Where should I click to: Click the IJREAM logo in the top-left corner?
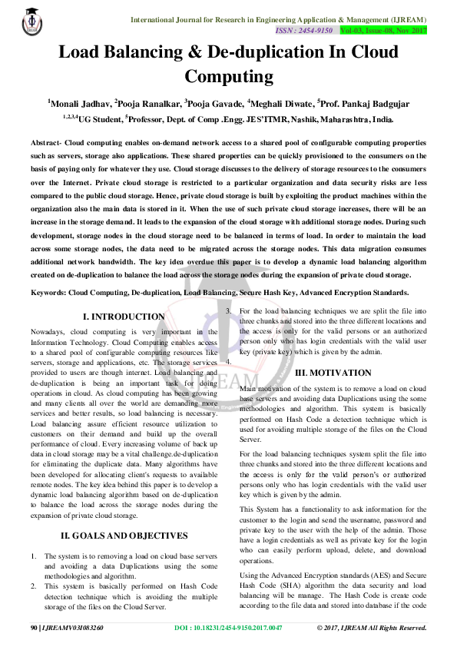(x=31, y=22)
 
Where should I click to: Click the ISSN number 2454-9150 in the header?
(x=315, y=30)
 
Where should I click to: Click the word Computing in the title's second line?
(x=229, y=76)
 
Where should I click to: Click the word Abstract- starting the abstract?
(x=46, y=144)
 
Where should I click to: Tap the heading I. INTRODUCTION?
(x=124, y=316)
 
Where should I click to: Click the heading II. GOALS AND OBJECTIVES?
(x=124, y=535)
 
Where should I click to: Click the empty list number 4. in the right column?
(x=228, y=361)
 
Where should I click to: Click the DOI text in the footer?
(x=228, y=628)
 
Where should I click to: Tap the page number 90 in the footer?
(x=34, y=628)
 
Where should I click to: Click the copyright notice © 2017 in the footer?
(x=372, y=628)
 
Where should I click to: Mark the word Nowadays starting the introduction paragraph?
(x=48, y=332)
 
